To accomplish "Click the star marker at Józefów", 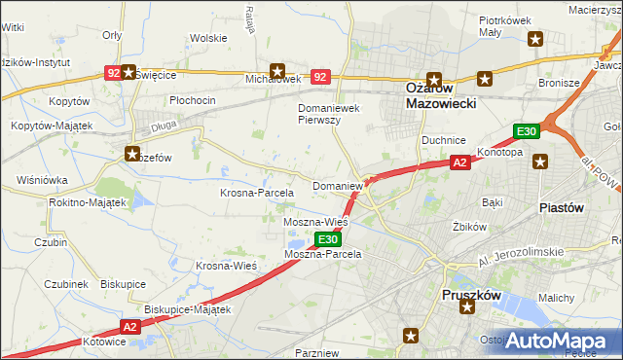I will [x=132, y=153].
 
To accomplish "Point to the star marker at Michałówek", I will [x=278, y=70].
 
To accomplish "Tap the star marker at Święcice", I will [x=128, y=72].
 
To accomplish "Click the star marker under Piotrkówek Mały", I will [x=534, y=39].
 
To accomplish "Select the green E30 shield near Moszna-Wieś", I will [x=328, y=238].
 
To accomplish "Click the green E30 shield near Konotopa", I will [x=527, y=132].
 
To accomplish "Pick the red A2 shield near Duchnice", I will [x=459, y=163].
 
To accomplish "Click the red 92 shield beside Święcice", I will [x=114, y=72].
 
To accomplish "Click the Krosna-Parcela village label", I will [x=256, y=193].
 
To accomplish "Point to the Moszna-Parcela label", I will [x=322, y=254].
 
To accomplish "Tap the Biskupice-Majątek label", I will [x=187, y=309].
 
